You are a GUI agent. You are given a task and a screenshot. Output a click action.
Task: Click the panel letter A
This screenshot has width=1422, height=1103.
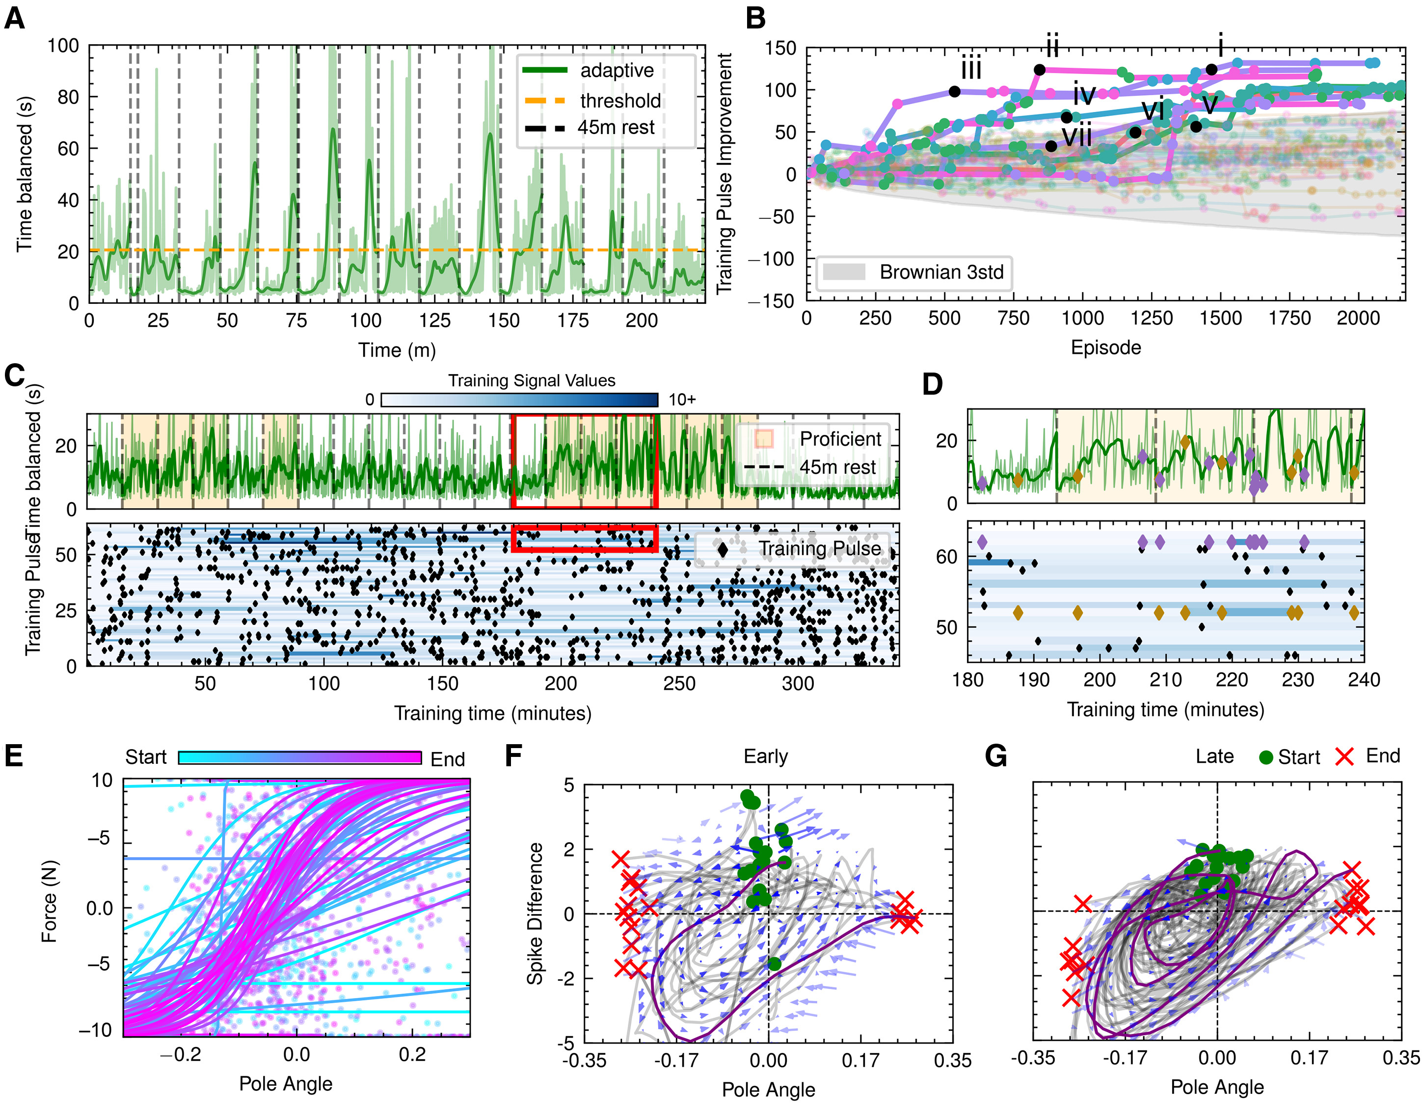click(14, 18)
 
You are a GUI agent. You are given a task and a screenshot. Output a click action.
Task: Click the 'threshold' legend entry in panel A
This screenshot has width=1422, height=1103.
click(620, 101)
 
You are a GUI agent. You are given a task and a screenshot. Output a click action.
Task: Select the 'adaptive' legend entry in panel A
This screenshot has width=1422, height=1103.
click(616, 70)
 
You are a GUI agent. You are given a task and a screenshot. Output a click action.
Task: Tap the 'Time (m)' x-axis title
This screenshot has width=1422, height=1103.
click(397, 350)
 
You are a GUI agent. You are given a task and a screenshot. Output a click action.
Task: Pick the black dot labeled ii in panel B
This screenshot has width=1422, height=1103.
click(1039, 70)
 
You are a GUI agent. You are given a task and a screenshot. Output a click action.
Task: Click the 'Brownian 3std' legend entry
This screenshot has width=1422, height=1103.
click(941, 272)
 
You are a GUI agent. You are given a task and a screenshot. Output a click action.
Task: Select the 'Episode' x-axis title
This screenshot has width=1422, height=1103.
click(1105, 348)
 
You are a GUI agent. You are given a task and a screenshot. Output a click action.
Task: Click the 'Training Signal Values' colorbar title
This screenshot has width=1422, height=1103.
click(531, 381)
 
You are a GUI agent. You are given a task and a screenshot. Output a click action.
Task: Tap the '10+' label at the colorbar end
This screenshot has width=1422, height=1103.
click(682, 400)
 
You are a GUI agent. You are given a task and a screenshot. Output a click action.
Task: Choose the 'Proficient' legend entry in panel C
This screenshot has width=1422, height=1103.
click(840, 439)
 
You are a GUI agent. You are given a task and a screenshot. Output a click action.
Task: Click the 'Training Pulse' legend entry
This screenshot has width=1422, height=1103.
click(819, 549)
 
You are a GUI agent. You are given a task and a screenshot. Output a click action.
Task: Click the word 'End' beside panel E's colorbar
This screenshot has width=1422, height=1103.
click(447, 759)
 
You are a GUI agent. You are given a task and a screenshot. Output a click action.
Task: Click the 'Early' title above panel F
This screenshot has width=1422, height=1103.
click(766, 756)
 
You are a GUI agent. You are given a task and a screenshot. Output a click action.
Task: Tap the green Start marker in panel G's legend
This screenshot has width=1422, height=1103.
click(1266, 757)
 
